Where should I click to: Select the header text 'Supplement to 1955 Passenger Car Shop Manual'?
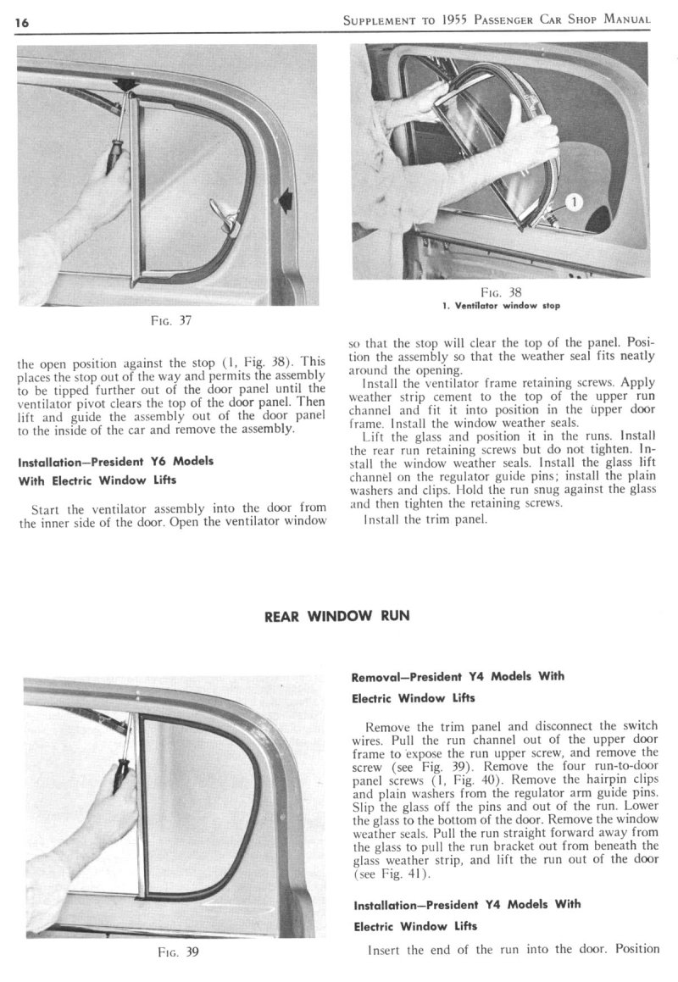(497, 20)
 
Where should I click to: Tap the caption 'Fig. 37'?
(167, 320)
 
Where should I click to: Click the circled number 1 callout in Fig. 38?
(573, 202)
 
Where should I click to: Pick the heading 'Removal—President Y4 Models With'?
(458, 677)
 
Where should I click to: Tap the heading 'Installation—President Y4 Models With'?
(466, 904)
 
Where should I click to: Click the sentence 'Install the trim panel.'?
(425, 519)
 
